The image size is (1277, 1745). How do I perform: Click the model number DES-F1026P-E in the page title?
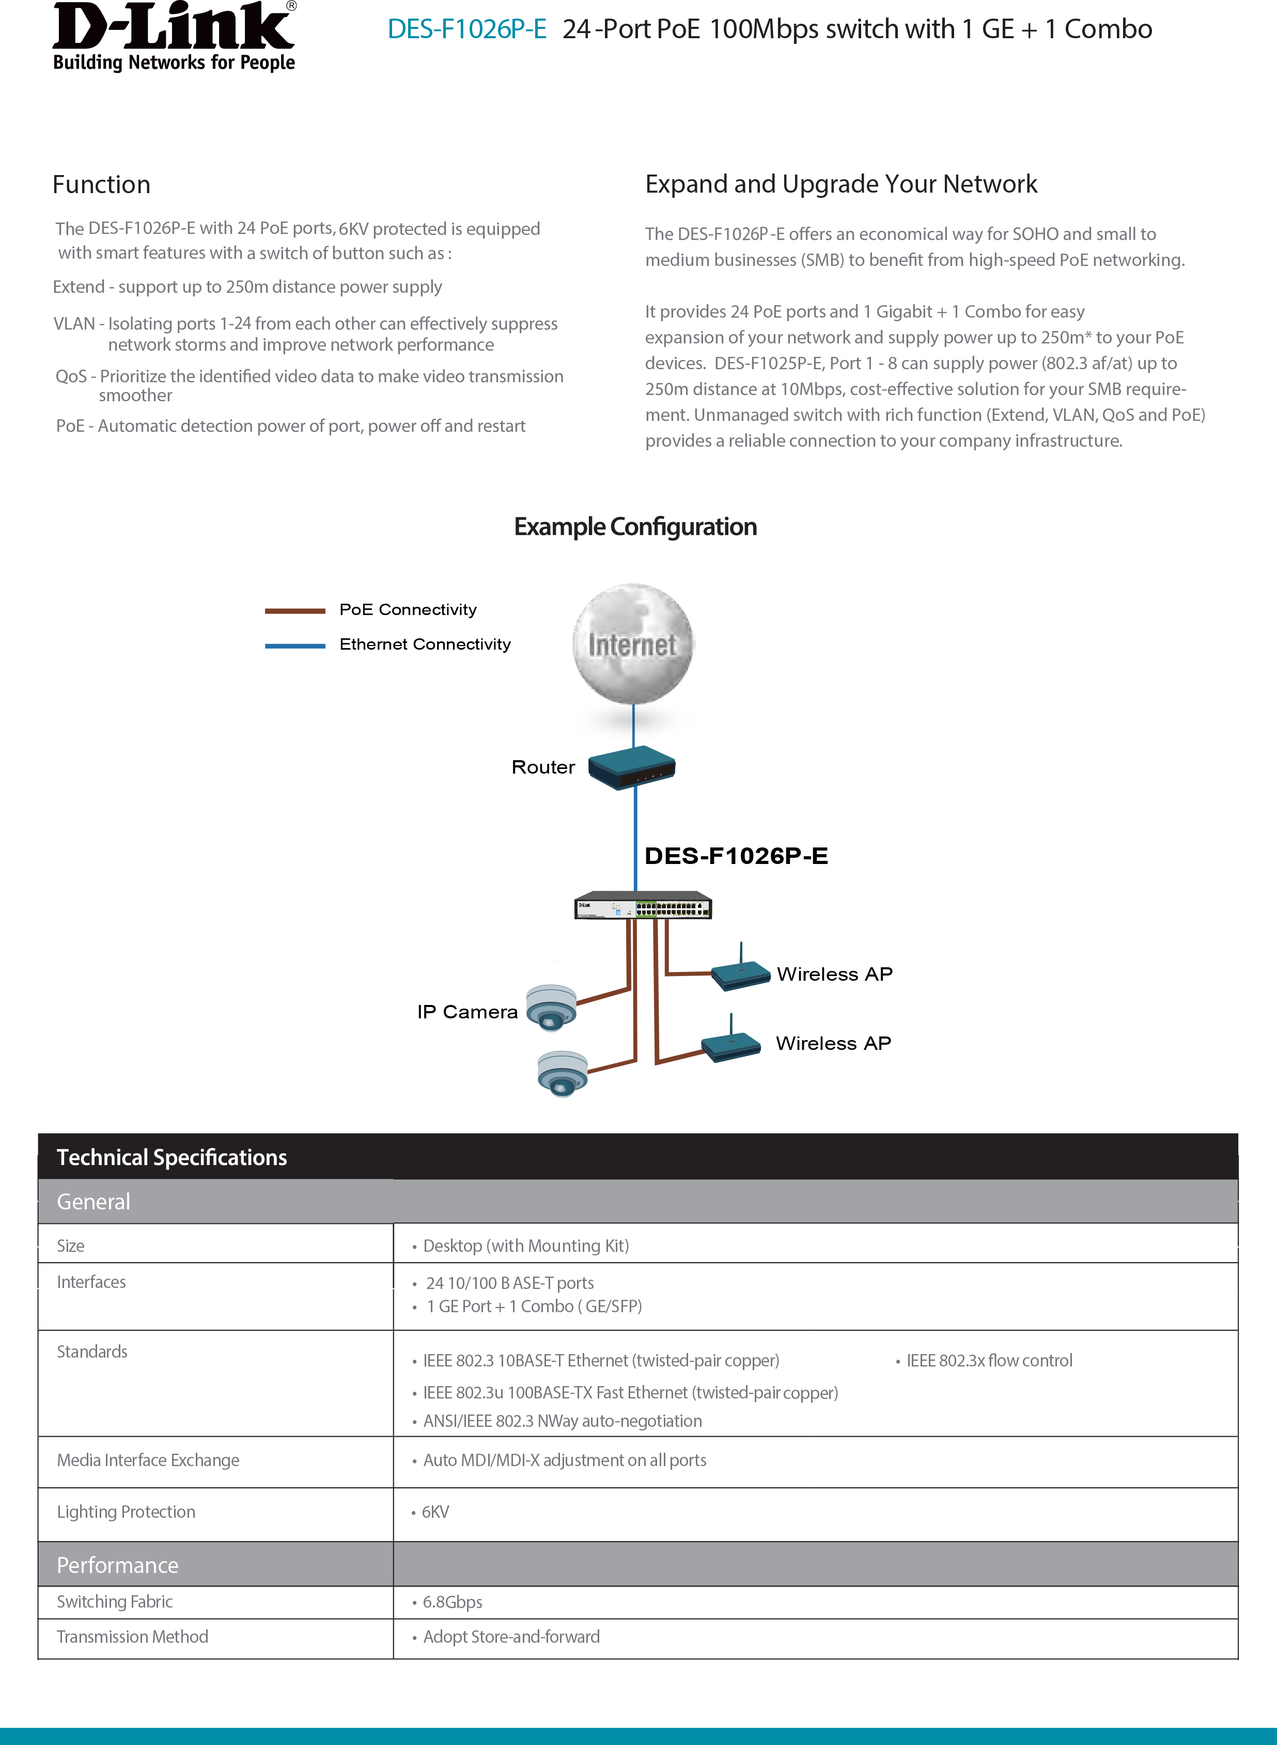point(467,29)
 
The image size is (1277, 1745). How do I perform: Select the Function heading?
point(101,185)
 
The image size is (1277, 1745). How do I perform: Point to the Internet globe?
point(633,644)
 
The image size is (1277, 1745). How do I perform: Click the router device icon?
point(632,767)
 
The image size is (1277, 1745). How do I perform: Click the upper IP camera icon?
point(551,1007)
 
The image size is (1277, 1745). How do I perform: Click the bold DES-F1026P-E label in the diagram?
point(736,856)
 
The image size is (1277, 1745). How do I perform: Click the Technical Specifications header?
point(172,1157)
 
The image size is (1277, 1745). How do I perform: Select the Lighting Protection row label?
point(126,1512)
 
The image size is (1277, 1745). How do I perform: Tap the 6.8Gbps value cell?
point(452,1602)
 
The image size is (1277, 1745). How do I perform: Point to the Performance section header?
point(117,1565)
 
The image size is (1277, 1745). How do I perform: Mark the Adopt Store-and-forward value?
point(511,1637)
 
